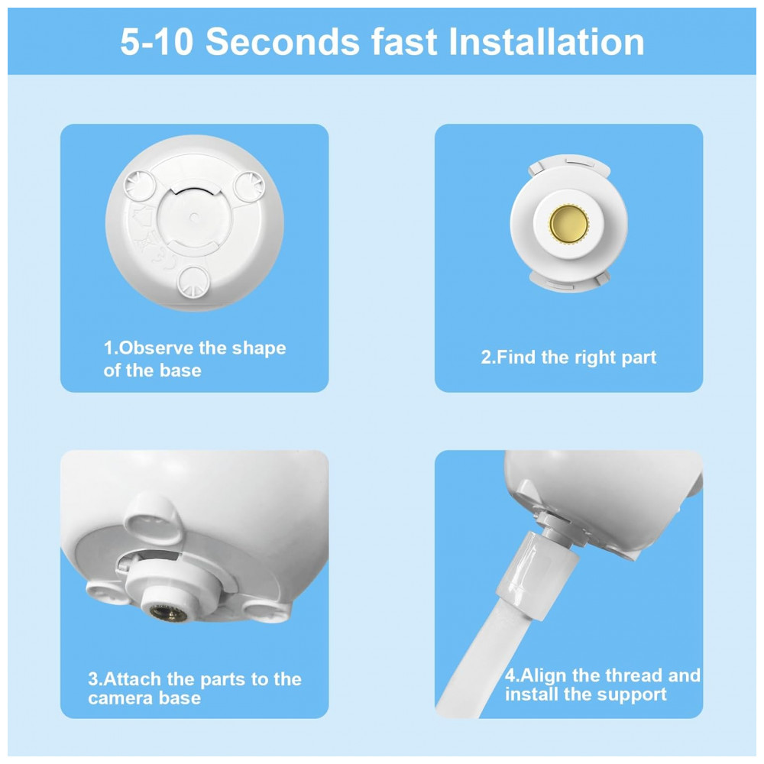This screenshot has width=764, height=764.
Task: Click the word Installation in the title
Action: [546, 42]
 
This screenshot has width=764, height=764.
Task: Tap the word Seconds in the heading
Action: [283, 42]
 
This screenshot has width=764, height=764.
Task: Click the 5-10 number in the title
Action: [157, 42]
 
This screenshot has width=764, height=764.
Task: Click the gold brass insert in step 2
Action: [568, 224]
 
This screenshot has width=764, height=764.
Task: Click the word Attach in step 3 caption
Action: [132, 678]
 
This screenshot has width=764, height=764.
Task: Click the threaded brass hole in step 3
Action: [167, 613]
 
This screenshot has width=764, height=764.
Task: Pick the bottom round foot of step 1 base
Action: [193, 282]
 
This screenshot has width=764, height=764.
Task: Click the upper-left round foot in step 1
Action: [140, 186]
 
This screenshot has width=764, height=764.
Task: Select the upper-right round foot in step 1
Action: [249, 186]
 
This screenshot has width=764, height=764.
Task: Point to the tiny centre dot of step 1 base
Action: [194, 217]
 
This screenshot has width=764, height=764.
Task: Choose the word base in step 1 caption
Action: [180, 371]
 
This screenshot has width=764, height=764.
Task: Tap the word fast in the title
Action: [404, 42]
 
